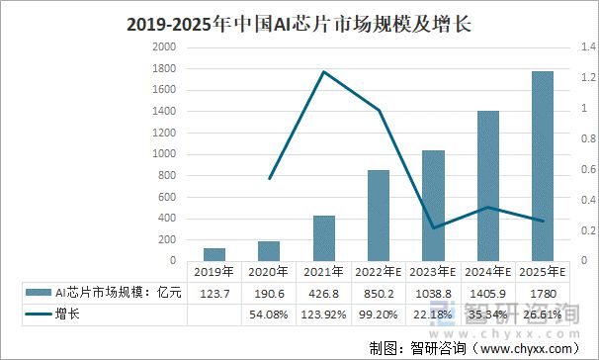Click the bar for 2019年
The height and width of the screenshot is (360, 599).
pos(214,254)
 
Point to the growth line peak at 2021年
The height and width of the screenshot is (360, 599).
pos(323,71)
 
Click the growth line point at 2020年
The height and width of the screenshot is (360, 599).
pos(269,179)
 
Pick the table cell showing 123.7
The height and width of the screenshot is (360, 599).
pos(214,293)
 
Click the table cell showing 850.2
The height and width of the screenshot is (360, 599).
pos(379,293)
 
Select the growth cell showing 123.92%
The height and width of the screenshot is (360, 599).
pos(323,315)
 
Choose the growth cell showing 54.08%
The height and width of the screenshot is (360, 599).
pos(269,315)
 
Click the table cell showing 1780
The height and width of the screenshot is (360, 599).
pos(543,293)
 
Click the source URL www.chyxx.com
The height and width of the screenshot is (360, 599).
pos(525,347)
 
